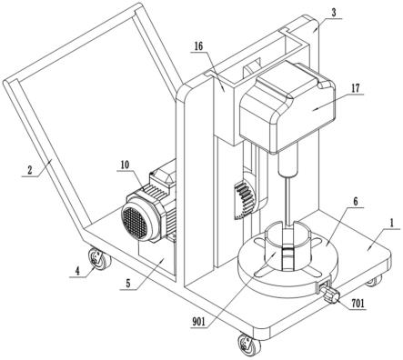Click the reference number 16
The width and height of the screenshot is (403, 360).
pyautogui.click(x=198, y=46)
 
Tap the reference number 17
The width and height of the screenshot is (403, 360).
pyautogui.click(x=355, y=88)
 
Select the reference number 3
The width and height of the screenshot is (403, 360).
pyautogui.click(x=334, y=13)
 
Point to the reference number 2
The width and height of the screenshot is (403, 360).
pyautogui.click(x=29, y=170)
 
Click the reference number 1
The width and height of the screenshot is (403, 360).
pyautogui.click(x=391, y=224)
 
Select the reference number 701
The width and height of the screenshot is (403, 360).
pyautogui.click(x=358, y=303)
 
